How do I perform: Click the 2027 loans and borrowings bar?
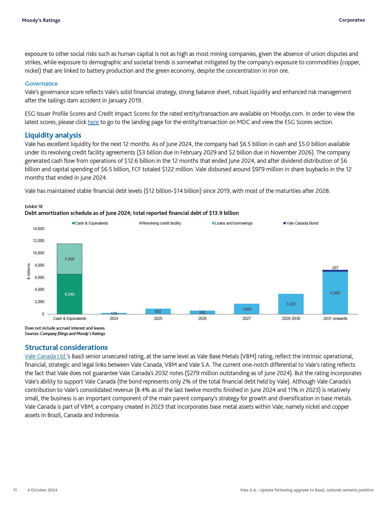coord(247,309)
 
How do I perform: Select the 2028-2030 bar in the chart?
coord(291,304)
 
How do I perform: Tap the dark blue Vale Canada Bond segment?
coord(335,271)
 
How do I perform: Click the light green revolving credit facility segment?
coord(69,259)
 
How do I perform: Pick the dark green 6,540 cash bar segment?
coord(69,294)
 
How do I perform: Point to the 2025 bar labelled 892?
coord(158,311)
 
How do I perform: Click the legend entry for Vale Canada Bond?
coord(302,223)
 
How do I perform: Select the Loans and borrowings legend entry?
coord(233,223)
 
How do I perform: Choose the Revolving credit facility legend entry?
coord(161,223)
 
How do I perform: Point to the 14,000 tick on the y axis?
coord(38,229)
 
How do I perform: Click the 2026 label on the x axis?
coord(202,319)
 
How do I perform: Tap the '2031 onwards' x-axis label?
coord(335,319)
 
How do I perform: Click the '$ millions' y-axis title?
coord(29,271)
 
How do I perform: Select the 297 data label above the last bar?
coord(335,268)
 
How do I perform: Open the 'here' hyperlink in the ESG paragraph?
coord(93,122)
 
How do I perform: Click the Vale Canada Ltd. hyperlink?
coord(46,356)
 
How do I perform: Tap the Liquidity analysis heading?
coord(53,135)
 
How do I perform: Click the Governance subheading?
coord(41,84)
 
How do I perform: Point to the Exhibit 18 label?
coord(34,206)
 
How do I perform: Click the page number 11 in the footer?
coord(15,490)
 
